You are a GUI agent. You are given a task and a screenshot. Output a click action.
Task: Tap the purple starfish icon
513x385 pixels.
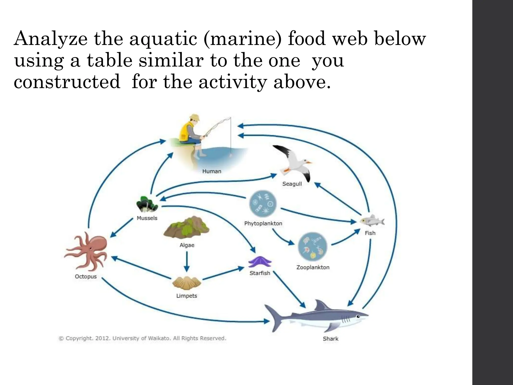point(260,262)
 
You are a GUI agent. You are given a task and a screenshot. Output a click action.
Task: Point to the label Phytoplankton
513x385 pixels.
point(263,223)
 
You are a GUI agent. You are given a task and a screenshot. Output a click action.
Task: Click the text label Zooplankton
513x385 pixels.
point(313,267)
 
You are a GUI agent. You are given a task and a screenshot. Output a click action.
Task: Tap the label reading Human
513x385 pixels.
point(212,171)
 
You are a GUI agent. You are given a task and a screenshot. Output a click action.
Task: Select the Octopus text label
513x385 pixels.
point(86,276)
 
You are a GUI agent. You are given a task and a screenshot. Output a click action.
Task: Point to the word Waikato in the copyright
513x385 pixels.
point(159,338)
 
